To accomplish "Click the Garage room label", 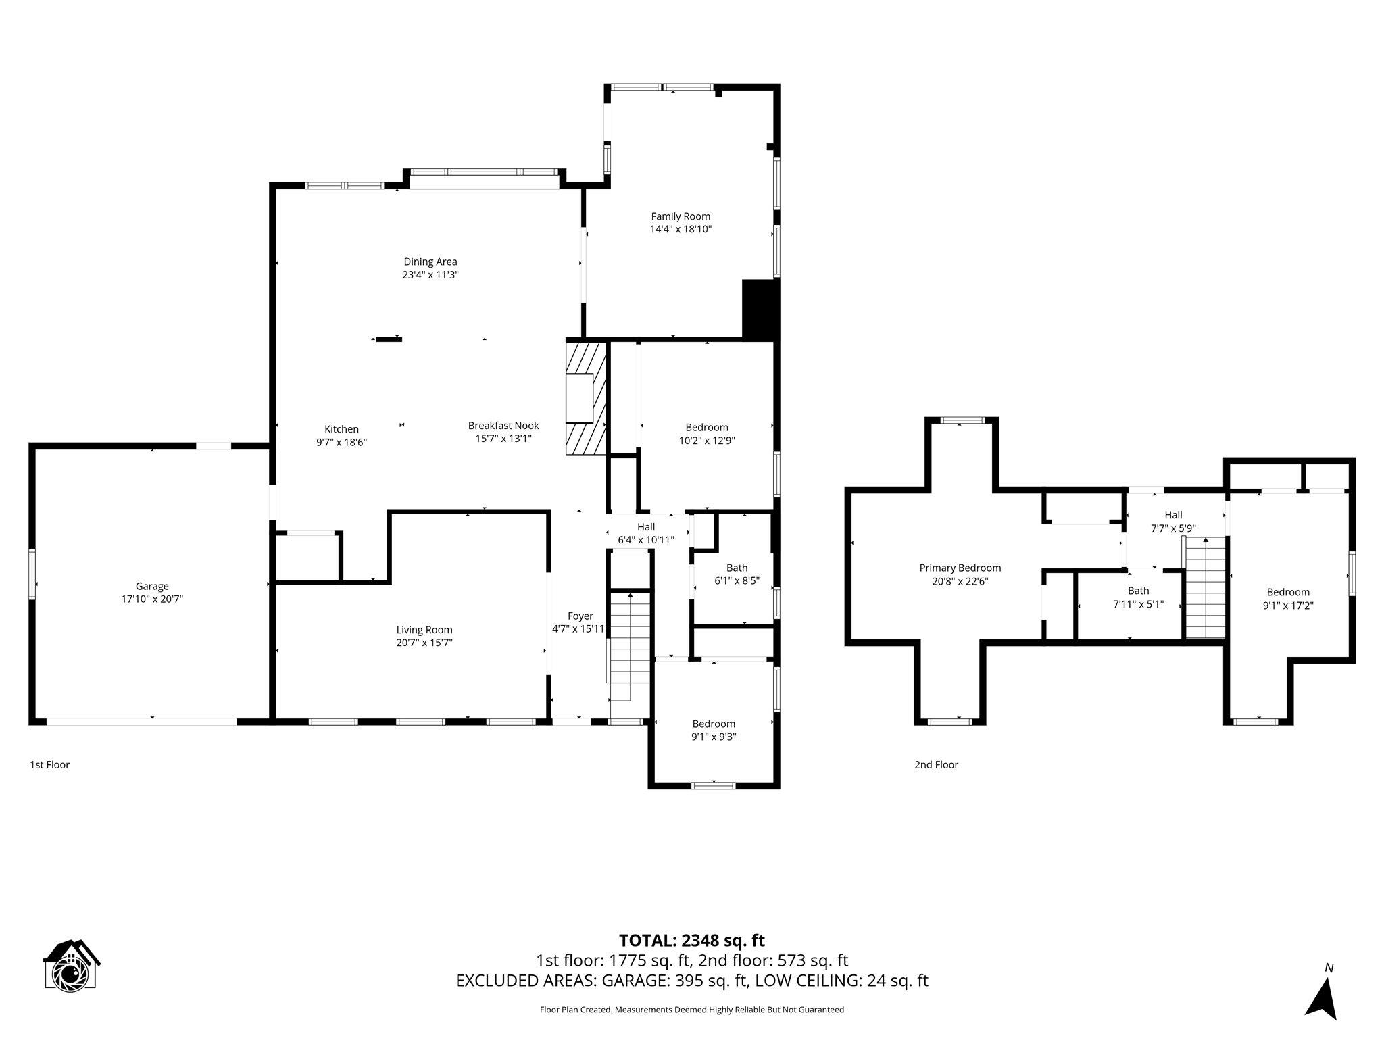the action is click(x=152, y=587).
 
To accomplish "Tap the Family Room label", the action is click(x=681, y=216).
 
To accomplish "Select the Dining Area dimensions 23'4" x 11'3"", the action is click(x=430, y=275).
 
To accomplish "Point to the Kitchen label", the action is click(x=341, y=429).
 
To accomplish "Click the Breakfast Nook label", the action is click(x=503, y=426).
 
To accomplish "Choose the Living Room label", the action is click(x=424, y=630).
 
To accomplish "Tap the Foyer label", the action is click(x=580, y=616).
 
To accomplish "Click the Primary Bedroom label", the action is click(x=960, y=568).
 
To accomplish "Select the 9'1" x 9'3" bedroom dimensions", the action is click(x=714, y=737).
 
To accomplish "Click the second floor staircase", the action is click(x=1206, y=587).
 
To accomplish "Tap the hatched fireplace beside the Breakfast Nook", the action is click(x=586, y=398).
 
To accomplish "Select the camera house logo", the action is click(x=71, y=965).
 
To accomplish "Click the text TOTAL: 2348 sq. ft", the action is click(x=692, y=941).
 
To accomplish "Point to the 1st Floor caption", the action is click(x=50, y=765).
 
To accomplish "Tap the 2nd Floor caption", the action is click(x=936, y=765).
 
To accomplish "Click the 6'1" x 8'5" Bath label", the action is click(x=737, y=574).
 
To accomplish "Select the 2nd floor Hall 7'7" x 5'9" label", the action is click(x=1173, y=522).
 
